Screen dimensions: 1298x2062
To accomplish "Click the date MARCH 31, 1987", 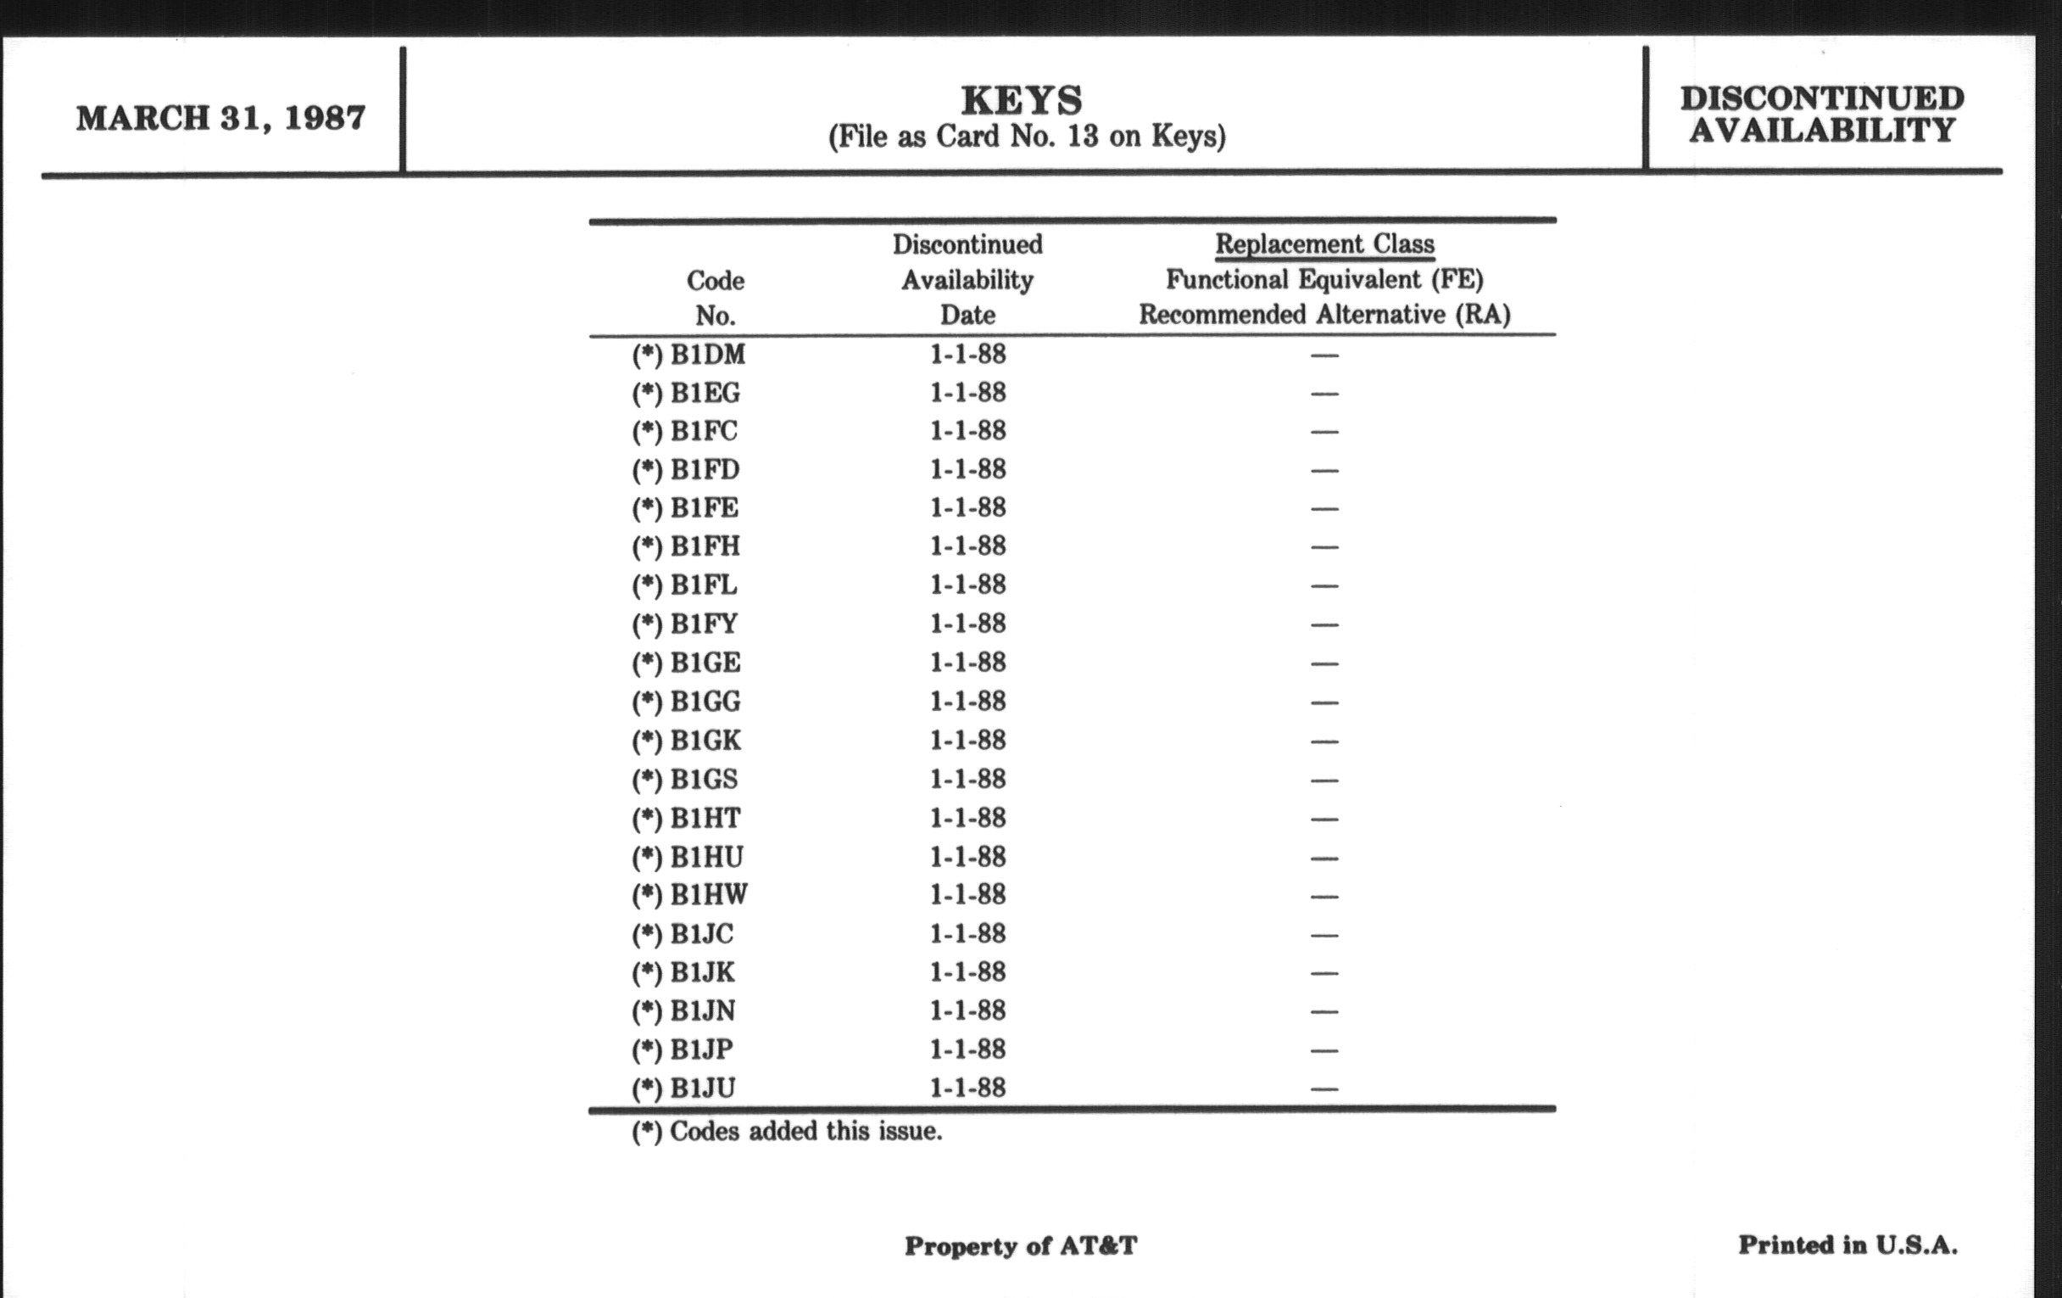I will click(x=221, y=118).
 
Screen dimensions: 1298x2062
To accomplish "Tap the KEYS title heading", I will click(x=1022, y=100).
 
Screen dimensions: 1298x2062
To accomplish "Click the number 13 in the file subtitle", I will click(x=1084, y=137).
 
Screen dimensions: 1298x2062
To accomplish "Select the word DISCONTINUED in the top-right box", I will click(x=1822, y=98).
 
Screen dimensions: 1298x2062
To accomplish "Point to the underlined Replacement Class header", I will click(x=1324, y=244).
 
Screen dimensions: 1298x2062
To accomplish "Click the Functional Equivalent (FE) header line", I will click(x=1324, y=279).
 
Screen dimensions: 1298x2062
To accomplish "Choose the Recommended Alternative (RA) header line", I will click(x=1324, y=315).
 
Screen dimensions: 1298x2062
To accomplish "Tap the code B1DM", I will click(x=707, y=354).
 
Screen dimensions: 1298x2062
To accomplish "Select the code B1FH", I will click(x=705, y=545).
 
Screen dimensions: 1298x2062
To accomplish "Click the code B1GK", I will click(x=705, y=740).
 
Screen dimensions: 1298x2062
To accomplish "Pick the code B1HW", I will click(x=708, y=894).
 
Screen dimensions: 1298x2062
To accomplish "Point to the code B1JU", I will click(x=702, y=1088).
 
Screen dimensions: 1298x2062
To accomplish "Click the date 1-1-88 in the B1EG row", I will click(x=967, y=393).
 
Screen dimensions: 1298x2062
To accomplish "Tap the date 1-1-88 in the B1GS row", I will click(x=967, y=779).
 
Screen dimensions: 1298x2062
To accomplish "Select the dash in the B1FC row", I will click(x=1324, y=432).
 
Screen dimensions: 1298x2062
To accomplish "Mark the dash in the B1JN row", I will click(x=1324, y=1012).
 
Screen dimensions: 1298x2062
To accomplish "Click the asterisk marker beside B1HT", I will click(x=648, y=819).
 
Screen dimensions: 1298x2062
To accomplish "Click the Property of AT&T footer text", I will click(x=1021, y=1245).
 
